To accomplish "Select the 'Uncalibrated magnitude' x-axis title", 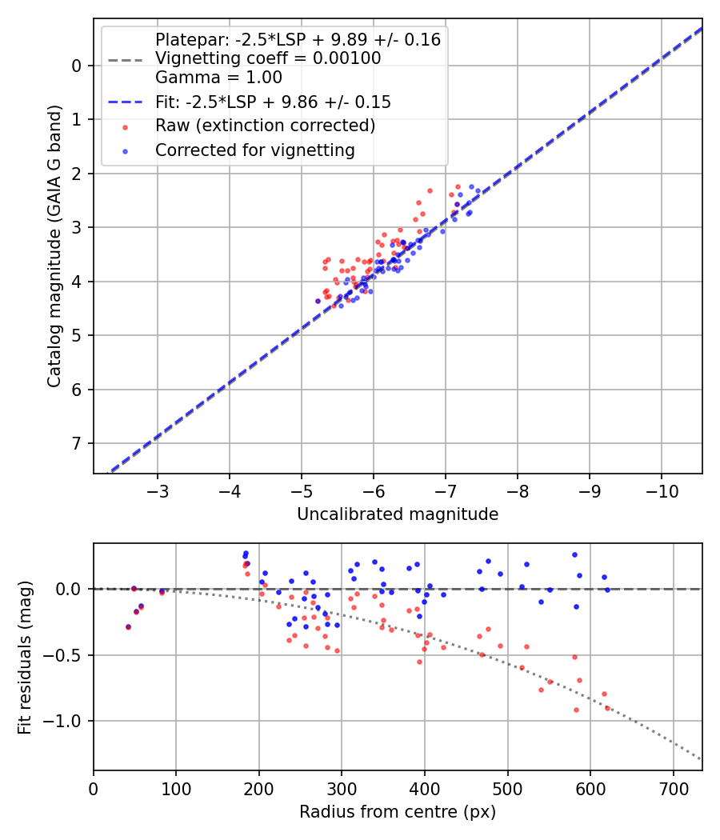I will [x=398, y=514].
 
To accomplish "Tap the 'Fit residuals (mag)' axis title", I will [x=25, y=657].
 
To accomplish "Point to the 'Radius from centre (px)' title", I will [x=398, y=812].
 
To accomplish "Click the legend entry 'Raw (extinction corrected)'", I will [x=265, y=126].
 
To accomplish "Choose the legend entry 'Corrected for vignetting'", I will [x=254, y=150].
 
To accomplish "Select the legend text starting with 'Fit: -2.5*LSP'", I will [x=273, y=102].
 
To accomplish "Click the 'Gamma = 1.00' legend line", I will [x=218, y=78].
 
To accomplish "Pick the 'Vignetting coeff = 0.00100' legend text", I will [x=268, y=58].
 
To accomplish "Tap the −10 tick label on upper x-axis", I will [x=661, y=489].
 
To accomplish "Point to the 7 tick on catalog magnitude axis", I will [x=78, y=443].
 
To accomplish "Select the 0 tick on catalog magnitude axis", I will [x=78, y=66].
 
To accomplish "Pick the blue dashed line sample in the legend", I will [x=125, y=102].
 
